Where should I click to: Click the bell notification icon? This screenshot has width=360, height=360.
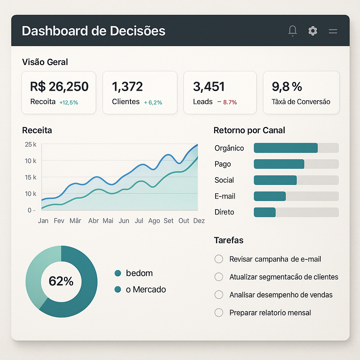point(292,31)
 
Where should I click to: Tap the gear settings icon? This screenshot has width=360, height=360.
point(313,31)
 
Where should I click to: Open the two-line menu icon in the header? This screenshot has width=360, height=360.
point(333,31)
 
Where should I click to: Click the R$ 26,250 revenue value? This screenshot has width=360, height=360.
point(59,86)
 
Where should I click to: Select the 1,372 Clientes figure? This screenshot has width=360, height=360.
point(127,86)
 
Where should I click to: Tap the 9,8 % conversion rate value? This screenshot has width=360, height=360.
point(287,86)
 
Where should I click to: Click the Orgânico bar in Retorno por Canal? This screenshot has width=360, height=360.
point(285,148)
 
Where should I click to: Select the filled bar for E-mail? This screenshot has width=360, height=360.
point(270,196)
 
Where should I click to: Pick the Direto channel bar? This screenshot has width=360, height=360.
point(265,212)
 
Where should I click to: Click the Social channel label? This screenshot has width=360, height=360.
point(224,180)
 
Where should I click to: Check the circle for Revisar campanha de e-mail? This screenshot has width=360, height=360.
point(219,259)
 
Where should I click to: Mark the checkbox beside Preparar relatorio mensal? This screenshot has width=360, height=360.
point(219,313)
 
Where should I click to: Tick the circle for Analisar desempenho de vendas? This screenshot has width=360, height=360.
point(219,295)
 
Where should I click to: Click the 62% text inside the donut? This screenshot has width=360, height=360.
point(61,281)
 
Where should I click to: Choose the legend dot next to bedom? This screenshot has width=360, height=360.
point(118,273)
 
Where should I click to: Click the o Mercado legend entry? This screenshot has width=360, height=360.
point(146,289)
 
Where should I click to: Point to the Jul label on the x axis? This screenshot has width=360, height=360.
point(139,221)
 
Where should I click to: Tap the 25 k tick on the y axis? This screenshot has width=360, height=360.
point(31,144)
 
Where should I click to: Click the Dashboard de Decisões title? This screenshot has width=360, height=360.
point(94,31)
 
